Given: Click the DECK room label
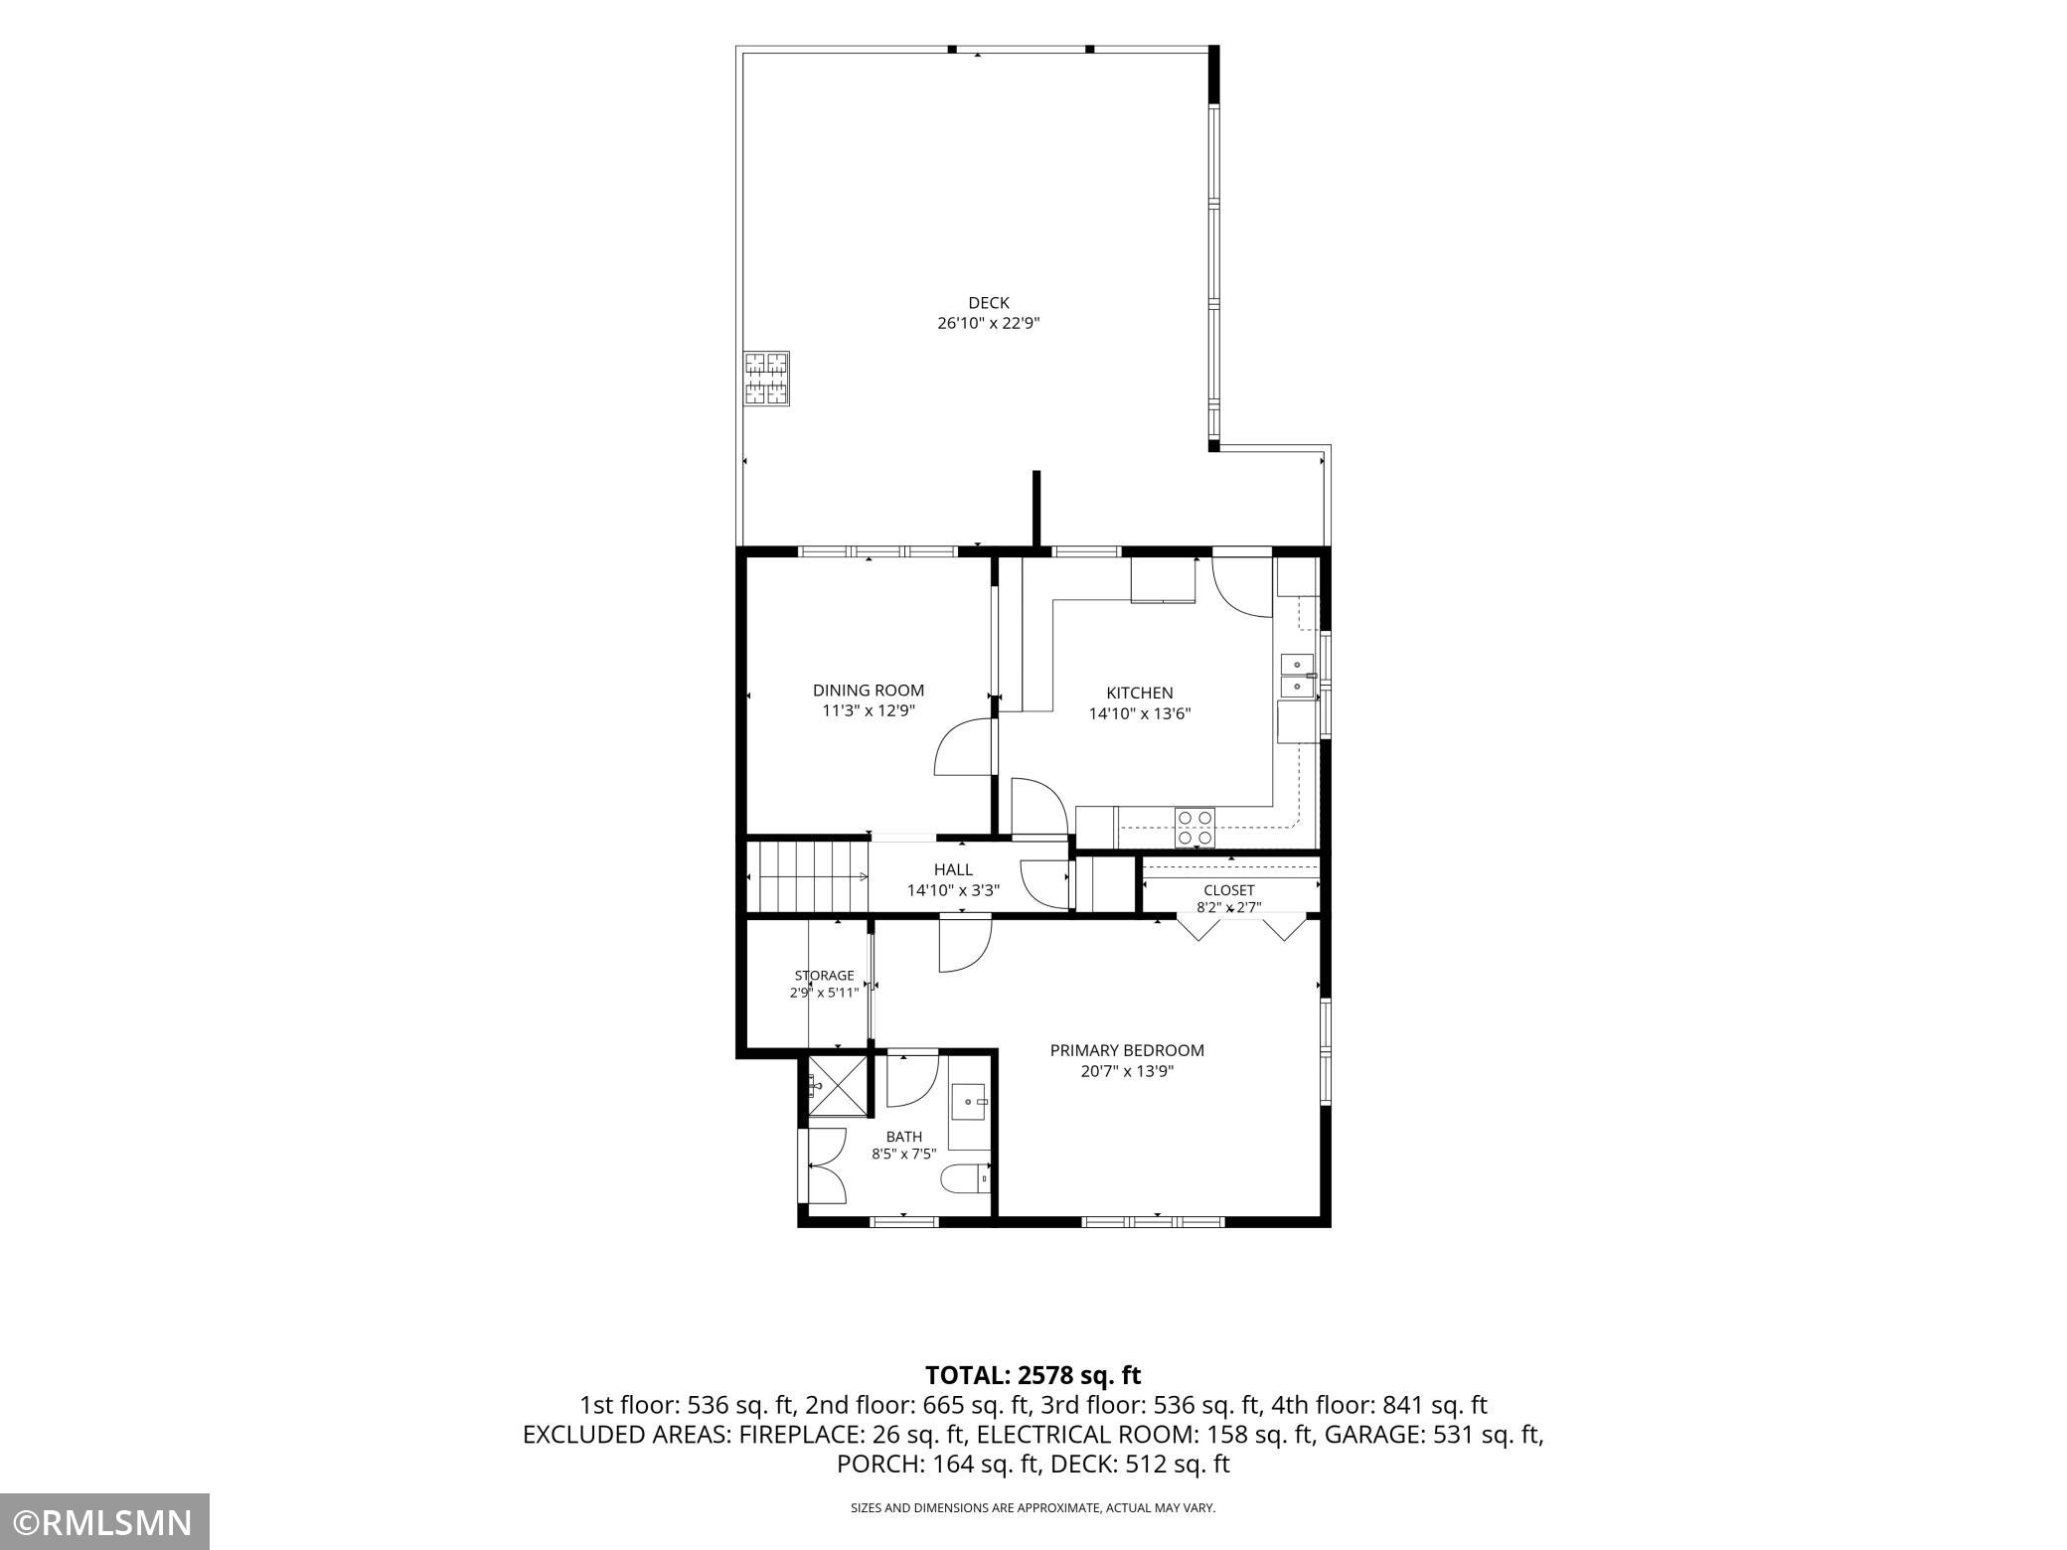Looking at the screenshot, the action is [989, 303].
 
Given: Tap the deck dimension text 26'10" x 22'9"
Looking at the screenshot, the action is [989, 324].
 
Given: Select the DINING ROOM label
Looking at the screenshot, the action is [869, 691].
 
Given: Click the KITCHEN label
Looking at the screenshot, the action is [1140, 693].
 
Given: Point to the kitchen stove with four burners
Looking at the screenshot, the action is [1195, 827].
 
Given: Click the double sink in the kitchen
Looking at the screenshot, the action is [1297, 676].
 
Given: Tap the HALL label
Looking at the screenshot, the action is [953, 870].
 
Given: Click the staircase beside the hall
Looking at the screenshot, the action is [808, 876].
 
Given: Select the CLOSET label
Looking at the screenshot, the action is [1229, 890].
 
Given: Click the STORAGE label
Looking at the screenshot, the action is [824, 976].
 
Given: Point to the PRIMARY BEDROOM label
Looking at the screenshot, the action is [1127, 1050].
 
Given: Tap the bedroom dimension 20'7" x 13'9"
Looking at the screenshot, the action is [1127, 1071].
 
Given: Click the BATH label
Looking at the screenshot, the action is [904, 1137].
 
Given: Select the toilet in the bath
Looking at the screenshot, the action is [966, 1177].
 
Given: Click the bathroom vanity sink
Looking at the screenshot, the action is [970, 1102].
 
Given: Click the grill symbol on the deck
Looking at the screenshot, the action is [767, 379].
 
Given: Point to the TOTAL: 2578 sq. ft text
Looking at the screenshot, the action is [1033, 1376].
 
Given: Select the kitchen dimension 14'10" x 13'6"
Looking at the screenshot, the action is [1140, 713].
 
